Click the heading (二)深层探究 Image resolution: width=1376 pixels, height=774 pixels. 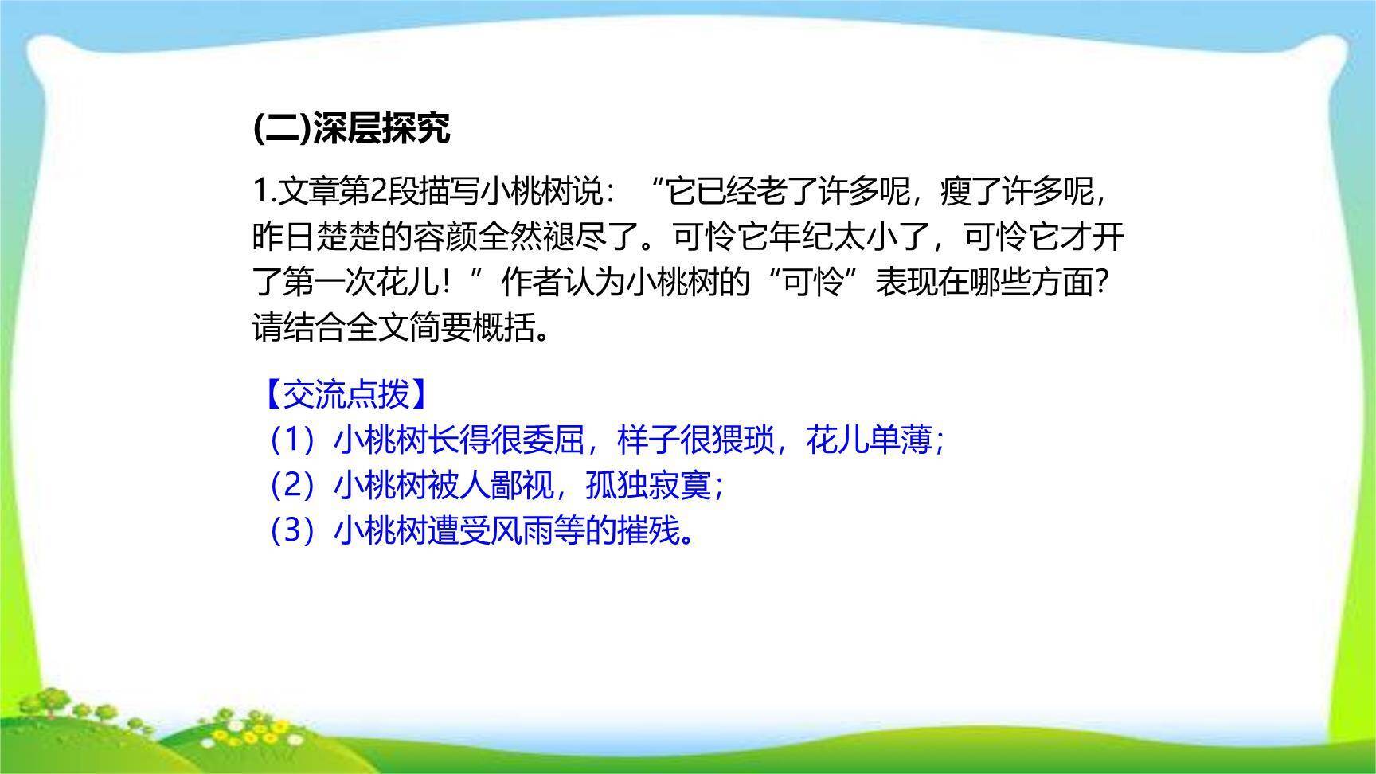351,127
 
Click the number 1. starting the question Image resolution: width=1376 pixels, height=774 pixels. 263,191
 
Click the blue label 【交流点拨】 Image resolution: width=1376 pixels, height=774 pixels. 347,393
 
